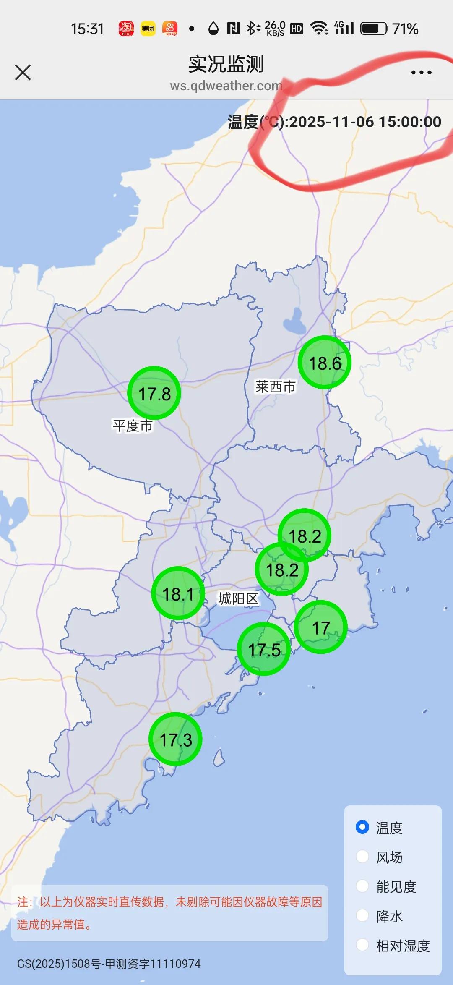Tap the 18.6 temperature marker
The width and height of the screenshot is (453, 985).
[325, 363]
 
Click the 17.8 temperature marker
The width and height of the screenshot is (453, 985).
[154, 393]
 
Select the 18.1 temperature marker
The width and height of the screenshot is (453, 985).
[178, 593]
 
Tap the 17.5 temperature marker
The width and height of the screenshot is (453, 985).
[264, 649]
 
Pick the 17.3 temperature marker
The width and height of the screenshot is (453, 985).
[176, 739]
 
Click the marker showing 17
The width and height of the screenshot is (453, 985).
[321, 627]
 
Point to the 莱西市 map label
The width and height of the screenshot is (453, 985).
[276, 387]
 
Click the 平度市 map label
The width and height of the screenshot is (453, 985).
[133, 426]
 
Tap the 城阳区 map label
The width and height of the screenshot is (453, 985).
[238, 598]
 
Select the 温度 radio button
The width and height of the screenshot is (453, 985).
[362, 827]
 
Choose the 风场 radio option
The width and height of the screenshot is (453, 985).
[362, 857]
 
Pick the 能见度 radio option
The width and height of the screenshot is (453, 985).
[362, 886]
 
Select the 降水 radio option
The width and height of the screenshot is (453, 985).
[362, 915]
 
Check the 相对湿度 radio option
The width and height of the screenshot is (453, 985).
[362, 945]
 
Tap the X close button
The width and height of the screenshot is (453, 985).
[23, 72]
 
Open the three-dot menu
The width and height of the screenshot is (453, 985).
[421, 73]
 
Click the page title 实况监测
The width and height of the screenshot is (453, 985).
[226, 64]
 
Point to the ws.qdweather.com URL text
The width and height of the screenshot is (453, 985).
[226, 86]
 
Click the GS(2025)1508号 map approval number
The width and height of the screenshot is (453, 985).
[109, 964]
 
